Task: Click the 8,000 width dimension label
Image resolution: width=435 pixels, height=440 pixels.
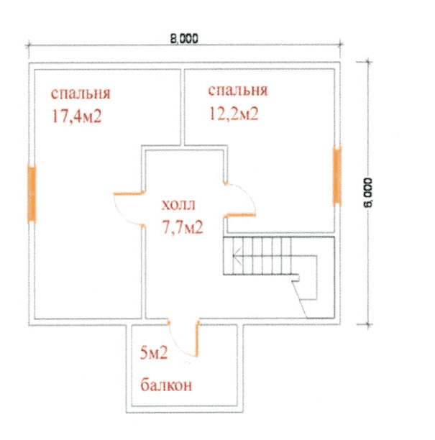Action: (x=184, y=39)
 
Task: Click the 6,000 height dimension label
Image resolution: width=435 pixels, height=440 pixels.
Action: (x=367, y=193)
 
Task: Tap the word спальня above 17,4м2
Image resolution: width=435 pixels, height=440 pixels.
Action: (x=81, y=93)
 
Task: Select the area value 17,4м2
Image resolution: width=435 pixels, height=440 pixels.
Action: (x=77, y=116)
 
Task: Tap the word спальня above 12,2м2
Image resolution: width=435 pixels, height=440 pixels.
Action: (x=238, y=91)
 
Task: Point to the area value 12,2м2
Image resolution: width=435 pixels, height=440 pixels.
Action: (x=234, y=114)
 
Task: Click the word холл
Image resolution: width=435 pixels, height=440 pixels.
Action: (x=178, y=205)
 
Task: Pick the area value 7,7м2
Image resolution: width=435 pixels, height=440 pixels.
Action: (x=183, y=227)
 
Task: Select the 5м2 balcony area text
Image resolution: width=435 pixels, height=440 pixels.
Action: (x=154, y=353)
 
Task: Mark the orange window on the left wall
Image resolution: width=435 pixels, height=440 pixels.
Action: (x=32, y=194)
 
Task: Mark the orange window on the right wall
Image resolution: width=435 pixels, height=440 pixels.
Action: (x=337, y=175)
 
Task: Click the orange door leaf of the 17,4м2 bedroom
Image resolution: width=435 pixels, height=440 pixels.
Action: (x=129, y=193)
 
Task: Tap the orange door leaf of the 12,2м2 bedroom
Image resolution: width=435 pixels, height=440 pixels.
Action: (x=240, y=215)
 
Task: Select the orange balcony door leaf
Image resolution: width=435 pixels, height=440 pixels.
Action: (x=197, y=339)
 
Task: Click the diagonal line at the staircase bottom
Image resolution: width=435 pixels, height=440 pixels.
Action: (x=299, y=299)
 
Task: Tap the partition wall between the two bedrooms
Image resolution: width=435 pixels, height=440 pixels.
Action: (x=183, y=107)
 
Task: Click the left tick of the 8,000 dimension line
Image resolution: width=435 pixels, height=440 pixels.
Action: (x=28, y=46)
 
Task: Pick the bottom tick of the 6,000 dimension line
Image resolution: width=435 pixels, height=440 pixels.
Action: (x=368, y=325)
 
